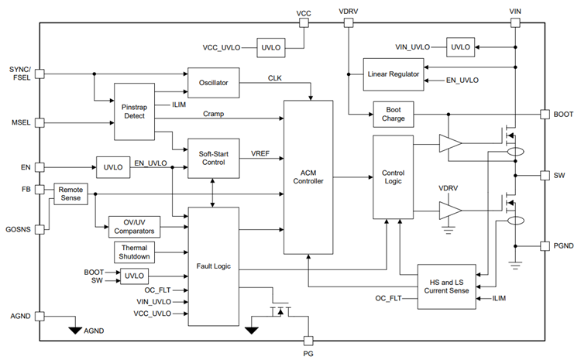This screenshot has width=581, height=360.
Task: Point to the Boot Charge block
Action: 393,114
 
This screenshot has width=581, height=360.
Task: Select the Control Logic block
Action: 394,177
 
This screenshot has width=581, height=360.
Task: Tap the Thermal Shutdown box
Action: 135,252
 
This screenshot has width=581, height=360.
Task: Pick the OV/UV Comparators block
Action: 135,226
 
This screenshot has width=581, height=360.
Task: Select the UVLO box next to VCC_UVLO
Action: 271,48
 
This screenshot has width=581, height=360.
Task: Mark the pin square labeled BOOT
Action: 545,114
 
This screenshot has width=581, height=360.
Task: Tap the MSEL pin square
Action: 40,122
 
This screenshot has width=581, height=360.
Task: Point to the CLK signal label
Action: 275,78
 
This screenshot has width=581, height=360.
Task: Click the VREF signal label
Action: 260,154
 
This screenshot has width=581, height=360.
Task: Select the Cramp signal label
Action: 214,114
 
